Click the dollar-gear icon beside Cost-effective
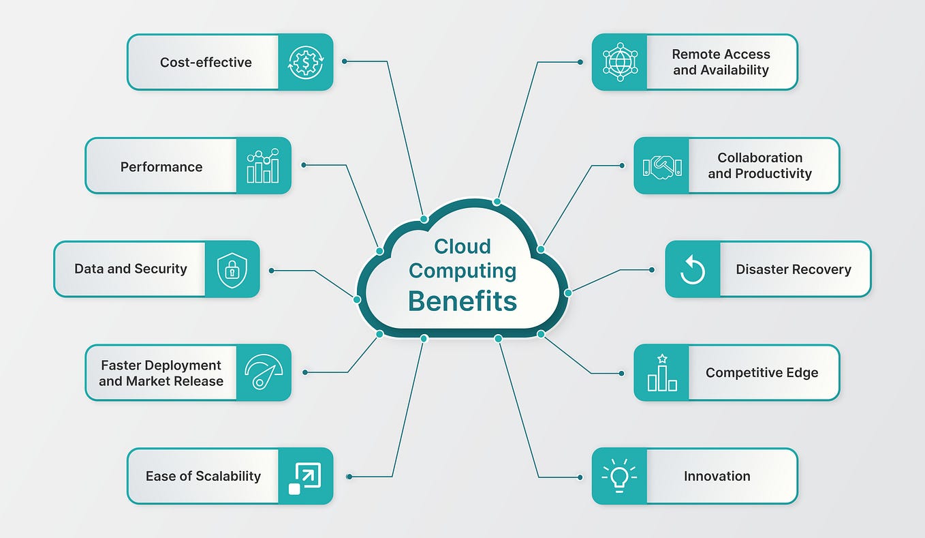click(306, 63)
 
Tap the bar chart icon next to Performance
click(263, 166)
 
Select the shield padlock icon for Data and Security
click(232, 270)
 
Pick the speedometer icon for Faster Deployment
click(264, 372)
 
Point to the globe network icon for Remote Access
click(620, 62)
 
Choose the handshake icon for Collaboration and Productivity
click(662, 167)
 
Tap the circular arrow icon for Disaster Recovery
click(693, 269)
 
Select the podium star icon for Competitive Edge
click(662, 372)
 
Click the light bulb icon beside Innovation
click(619, 475)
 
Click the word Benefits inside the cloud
click(462, 301)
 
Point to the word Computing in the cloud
click(462, 271)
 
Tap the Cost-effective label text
click(206, 62)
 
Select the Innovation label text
click(717, 476)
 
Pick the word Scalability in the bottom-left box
click(228, 477)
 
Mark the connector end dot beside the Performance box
click(304, 165)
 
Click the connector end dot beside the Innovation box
click(580, 477)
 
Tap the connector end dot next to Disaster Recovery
click(652, 269)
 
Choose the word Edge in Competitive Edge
click(802, 373)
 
